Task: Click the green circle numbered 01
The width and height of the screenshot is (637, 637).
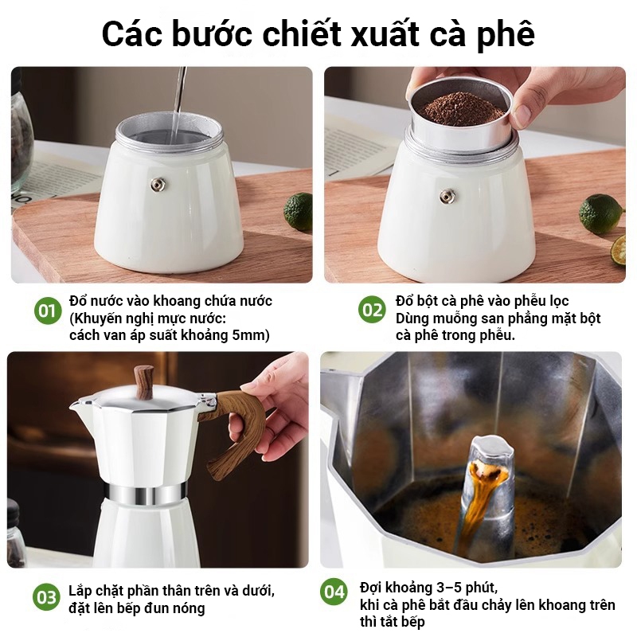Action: point(48,311)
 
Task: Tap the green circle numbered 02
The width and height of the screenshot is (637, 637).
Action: point(372,310)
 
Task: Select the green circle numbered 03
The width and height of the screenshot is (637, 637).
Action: point(46,596)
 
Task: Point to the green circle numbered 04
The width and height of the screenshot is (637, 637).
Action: point(334,592)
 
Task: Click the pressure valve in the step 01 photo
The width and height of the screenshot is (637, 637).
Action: point(158,185)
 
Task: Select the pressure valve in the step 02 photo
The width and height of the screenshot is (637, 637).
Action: point(447,197)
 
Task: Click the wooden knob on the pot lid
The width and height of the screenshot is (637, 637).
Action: point(145,382)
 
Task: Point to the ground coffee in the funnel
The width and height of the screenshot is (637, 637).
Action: point(463,108)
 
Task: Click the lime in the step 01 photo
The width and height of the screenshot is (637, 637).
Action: point(298,212)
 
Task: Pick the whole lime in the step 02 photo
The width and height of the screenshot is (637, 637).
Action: point(600,213)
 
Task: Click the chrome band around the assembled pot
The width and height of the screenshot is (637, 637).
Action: point(146,494)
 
